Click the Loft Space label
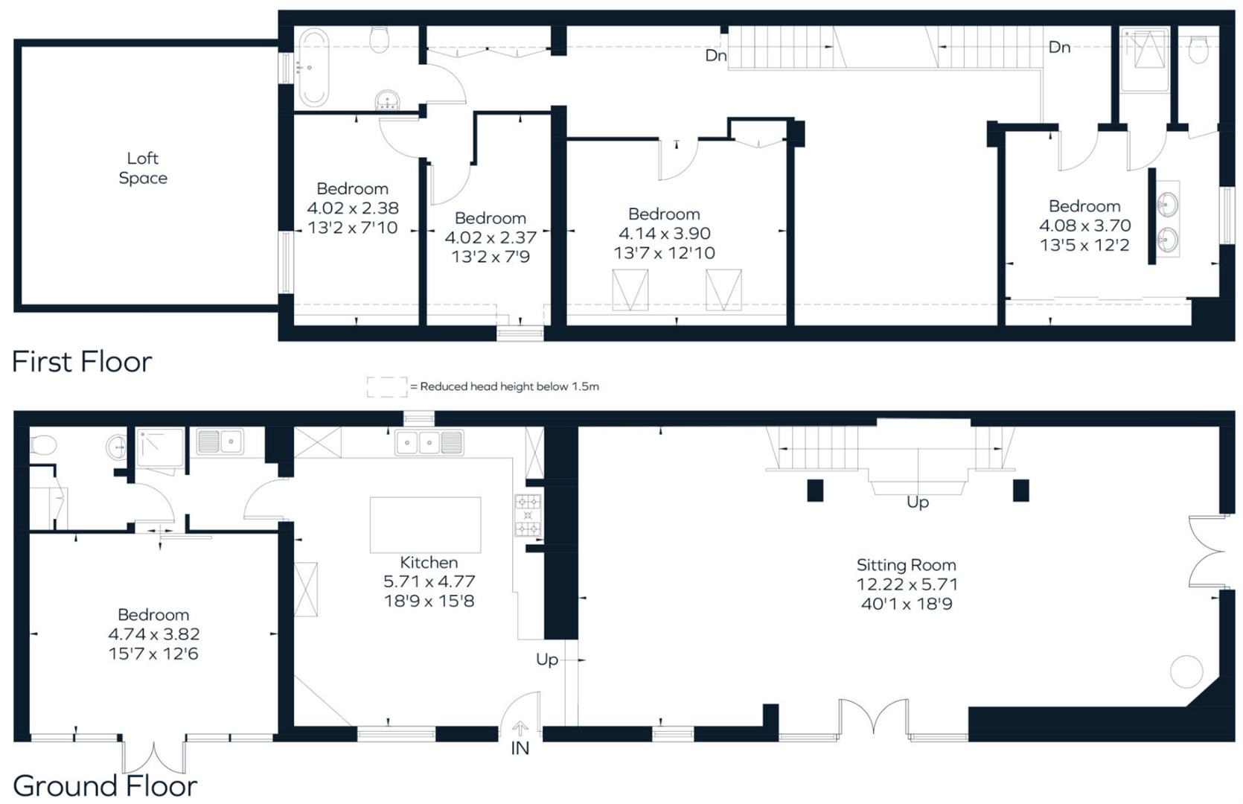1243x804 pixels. pos(142,167)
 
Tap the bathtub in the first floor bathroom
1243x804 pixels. pos(311,68)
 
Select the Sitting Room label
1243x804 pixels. pos(906,565)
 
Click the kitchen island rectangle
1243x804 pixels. pos(425,525)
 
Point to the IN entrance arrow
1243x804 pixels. pos(520,730)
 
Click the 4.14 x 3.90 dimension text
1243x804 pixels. pos(664,234)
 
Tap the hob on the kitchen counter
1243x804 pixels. pos(528,515)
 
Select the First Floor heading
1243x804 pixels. pos(82,363)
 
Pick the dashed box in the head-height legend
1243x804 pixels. pos(386,386)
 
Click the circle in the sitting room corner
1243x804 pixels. pos(1186,671)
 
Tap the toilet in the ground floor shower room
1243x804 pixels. pos(42,445)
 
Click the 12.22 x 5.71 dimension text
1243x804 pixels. pos(906,584)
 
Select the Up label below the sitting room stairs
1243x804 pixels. pos(917,502)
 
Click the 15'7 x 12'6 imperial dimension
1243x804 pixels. pos(153,654)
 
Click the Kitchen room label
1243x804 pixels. pos(428,562)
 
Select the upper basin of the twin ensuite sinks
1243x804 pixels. pos(1167,203)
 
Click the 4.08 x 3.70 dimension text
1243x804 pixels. pos(1084,226)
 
